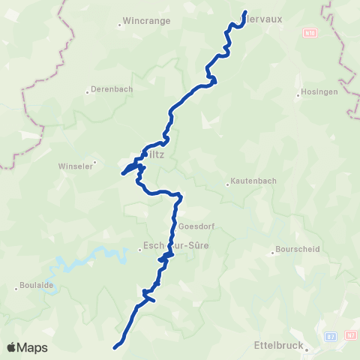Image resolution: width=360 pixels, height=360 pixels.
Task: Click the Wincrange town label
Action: [149, 21]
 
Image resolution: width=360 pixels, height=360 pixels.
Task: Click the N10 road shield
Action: [310, 33]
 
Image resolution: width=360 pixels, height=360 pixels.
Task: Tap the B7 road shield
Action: [331, 335]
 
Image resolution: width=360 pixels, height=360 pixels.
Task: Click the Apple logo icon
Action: [11, 347]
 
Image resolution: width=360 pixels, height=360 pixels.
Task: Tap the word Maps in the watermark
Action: [32, 347]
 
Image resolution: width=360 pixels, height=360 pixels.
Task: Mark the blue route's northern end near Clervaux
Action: [246, 11]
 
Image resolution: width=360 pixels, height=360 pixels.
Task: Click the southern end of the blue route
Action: [115, 347]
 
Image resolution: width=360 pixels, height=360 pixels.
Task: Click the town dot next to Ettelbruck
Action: [307, 348]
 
